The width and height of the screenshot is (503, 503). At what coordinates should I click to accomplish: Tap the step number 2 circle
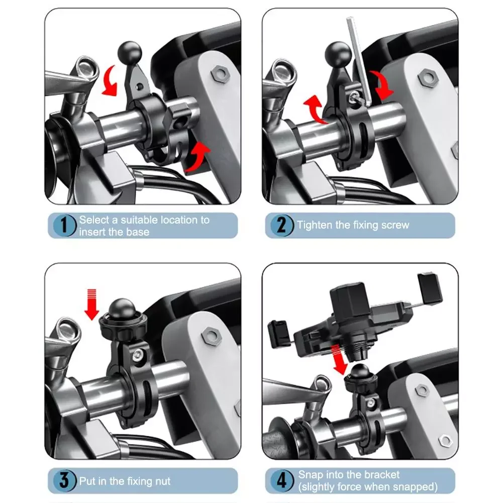(282, 225)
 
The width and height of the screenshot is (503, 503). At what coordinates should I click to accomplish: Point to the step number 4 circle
(282, 480)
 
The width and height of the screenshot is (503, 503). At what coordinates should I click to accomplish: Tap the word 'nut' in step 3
(162, 481)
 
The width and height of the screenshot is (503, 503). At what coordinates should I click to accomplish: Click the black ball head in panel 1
(130, 52)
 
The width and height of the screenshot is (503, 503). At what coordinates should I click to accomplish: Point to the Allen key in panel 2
(359, 61)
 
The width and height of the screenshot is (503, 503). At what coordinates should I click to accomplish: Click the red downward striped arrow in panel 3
(92, 305)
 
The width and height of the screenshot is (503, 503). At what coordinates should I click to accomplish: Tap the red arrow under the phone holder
(340, 360)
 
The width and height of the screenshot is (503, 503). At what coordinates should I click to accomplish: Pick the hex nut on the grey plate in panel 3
(212, 336)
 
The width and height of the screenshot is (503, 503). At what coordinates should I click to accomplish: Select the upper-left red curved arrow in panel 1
(110, 81)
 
